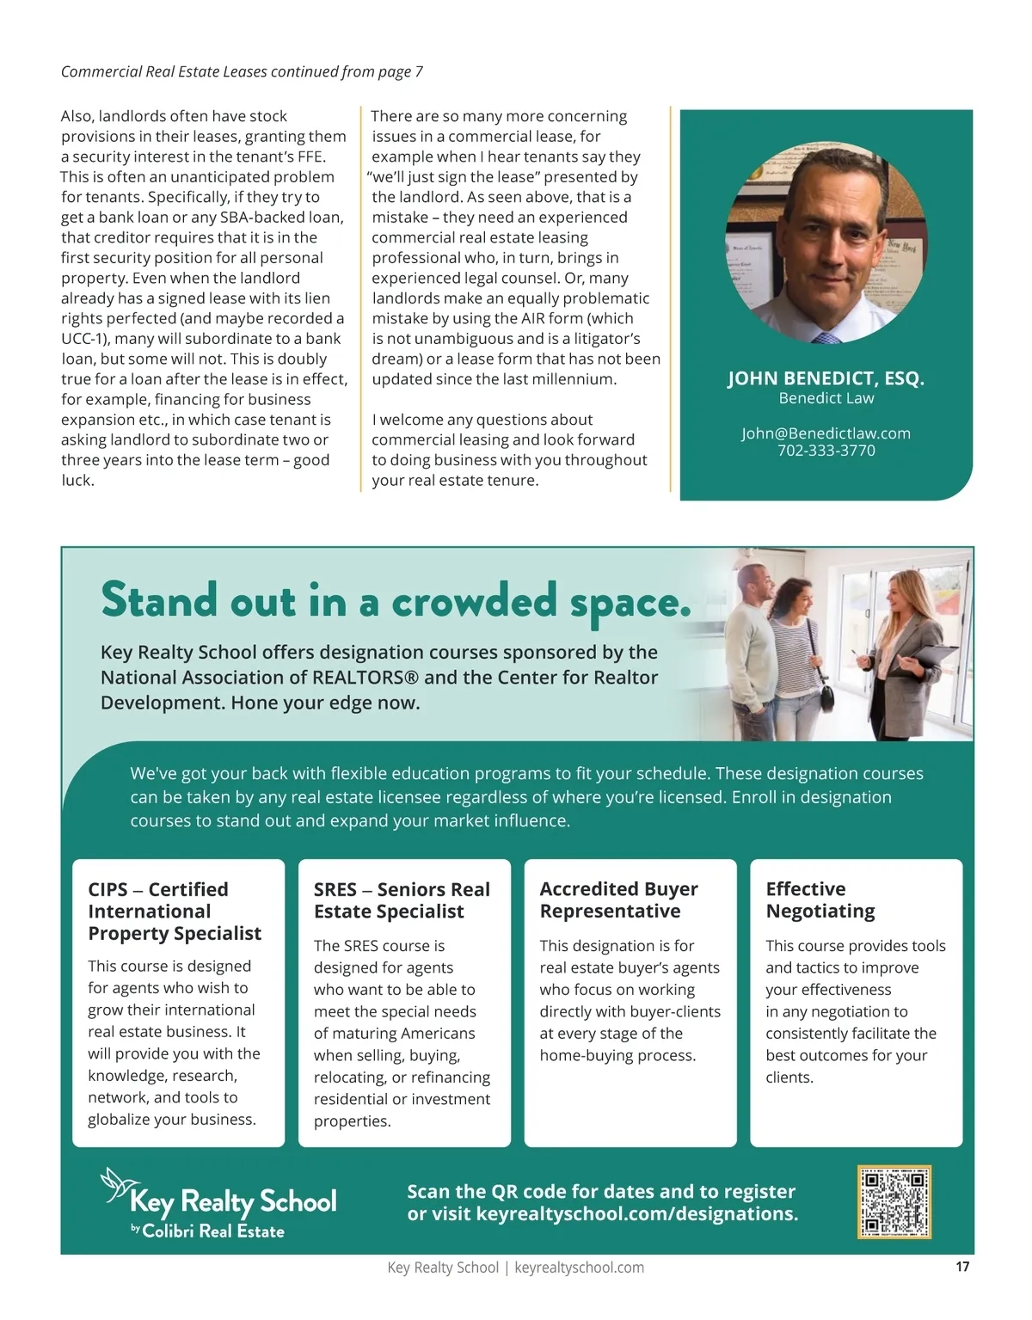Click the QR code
point(894,1201)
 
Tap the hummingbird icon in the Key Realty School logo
point(115,1184)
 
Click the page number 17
point(962,1266)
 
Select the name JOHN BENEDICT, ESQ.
point(826,378)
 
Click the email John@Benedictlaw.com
point(826,433)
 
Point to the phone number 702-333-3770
point(826,451)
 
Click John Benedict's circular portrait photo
point(826,243)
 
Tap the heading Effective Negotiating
point(820,899)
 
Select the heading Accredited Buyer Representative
point(618,899)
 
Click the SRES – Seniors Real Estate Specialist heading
point(402,899)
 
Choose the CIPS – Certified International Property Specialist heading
point(175,911)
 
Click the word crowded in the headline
point(474,601)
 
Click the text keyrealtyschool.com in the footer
point(579,1268)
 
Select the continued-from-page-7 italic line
point(242,71)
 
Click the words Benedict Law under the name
point(826,398)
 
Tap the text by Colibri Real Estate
point(207,1231)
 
